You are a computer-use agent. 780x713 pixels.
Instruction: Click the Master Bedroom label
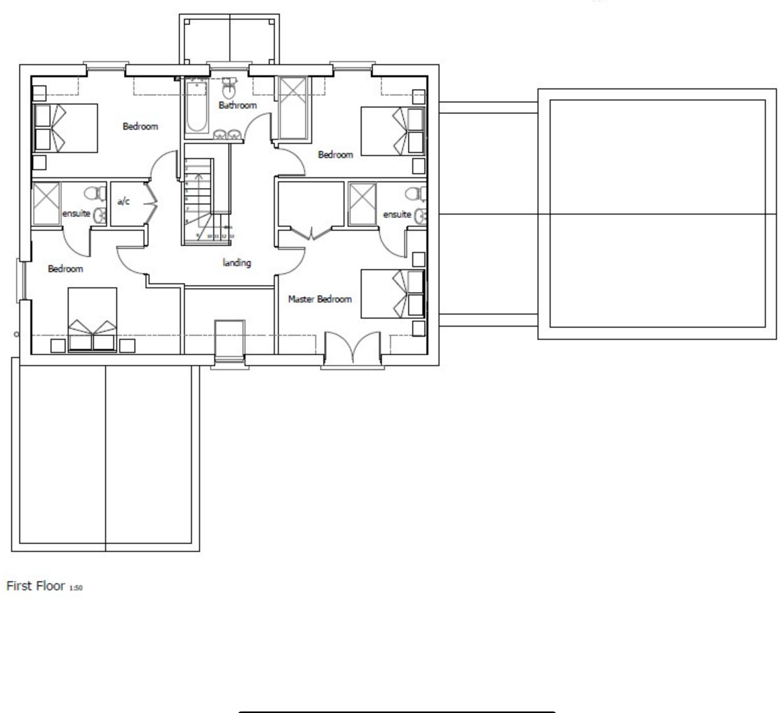(x=319, y=299)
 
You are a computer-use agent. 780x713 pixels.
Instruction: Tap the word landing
(x=236, y=263)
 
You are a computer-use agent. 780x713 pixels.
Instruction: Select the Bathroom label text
(x=237, y=105)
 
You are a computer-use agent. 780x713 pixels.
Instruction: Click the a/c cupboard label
(x=124, y=201)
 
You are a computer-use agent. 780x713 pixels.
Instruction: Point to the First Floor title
(x=35, y=586)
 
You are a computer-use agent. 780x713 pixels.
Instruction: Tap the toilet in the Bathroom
(x=229, y=88)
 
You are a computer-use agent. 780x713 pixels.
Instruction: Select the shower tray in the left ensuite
(x=46, y=203)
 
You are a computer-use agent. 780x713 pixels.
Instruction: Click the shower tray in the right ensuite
(x=362, y=204)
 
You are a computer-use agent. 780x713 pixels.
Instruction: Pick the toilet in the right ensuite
(x=415, y=194)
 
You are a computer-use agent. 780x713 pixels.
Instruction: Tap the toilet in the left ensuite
(x=94, y=193)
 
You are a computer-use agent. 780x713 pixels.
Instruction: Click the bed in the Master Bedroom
(x=392, y=294)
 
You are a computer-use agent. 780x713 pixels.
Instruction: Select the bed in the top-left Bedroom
(x=65, y=128)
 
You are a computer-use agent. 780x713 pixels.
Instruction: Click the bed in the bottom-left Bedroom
(x=92, y=319)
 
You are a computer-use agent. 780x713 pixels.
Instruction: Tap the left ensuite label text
(x=76, y=214)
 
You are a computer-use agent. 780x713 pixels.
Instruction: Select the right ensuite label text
(x=397, y=215)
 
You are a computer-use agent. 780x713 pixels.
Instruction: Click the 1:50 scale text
(x=76, y=588)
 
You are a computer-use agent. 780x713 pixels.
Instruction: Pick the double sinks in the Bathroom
(x=226, y=135)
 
